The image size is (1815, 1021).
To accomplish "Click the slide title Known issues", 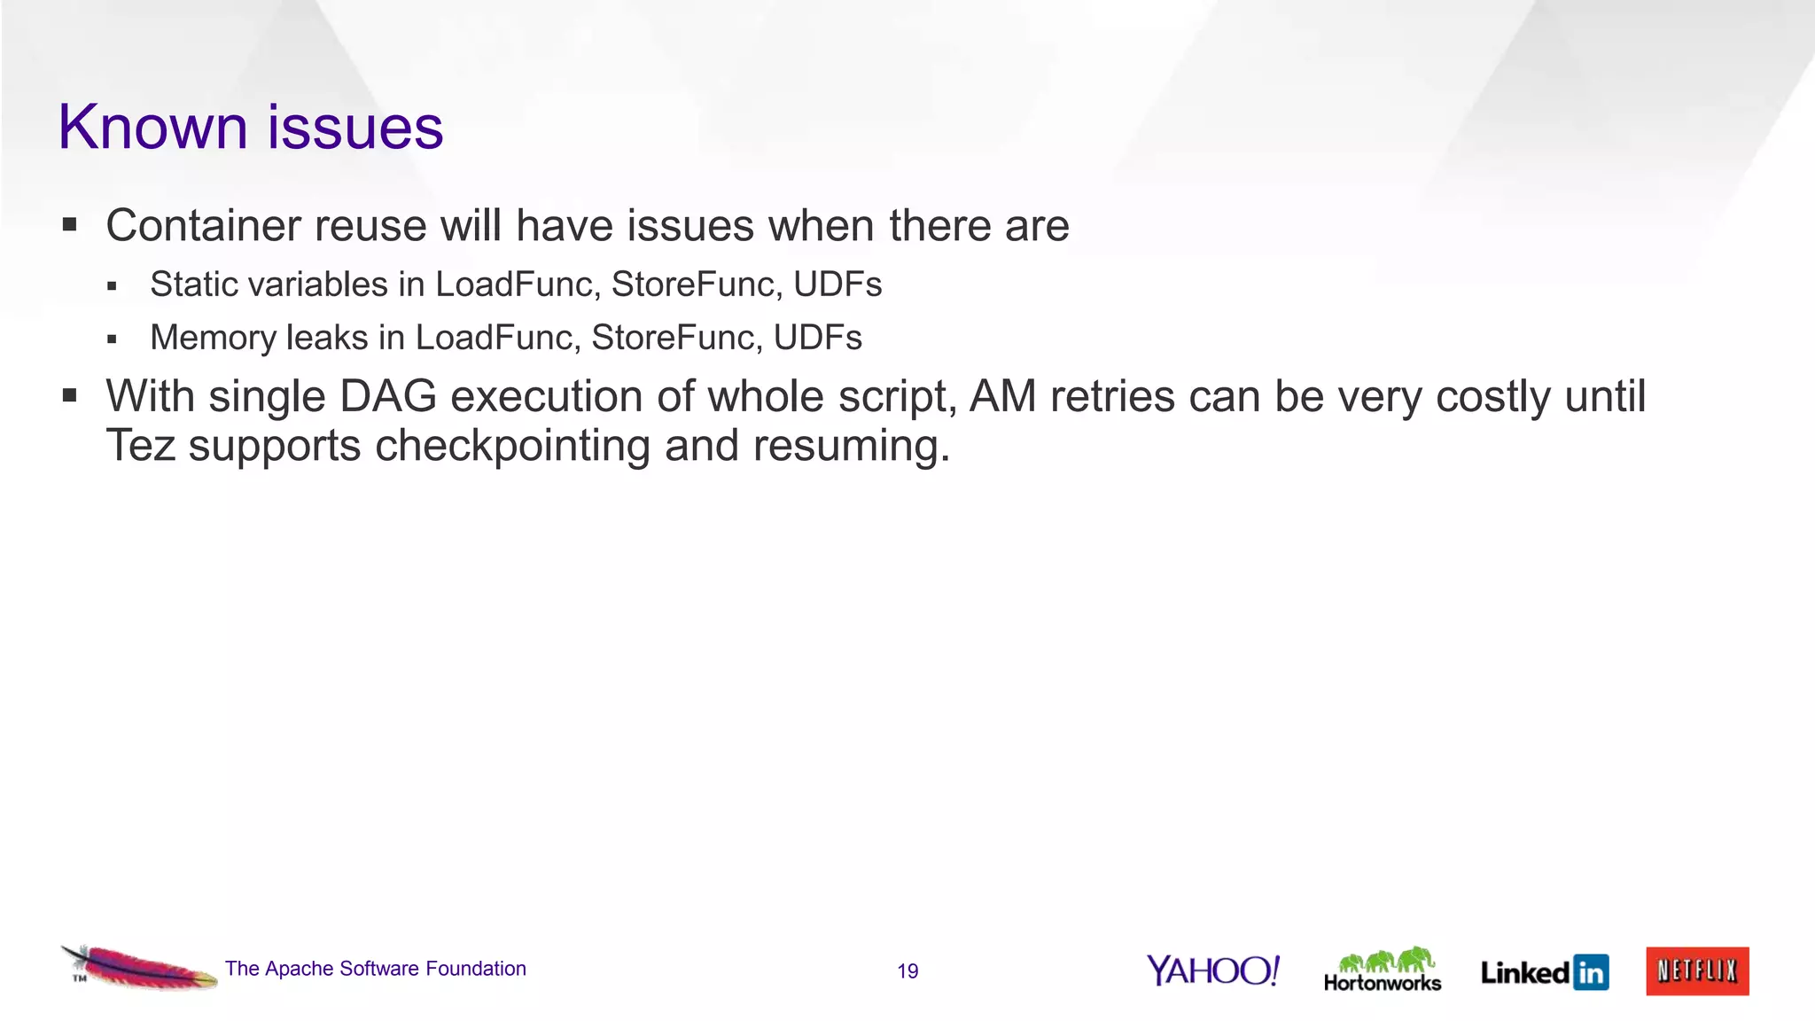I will pyautogui.click(x=250, y=128).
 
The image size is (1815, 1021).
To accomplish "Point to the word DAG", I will pyautogui.click(x=388, y=396).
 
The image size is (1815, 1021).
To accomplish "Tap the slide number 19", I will pyautogui.click(x=907, y=971).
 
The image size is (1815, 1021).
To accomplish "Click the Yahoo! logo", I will pyautogui.click(x=1212, y=970).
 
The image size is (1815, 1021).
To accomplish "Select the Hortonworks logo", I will pyautogui.click(x=1382, y=970).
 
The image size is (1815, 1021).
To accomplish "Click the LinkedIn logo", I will pyautogui.click(x=1544, y=972).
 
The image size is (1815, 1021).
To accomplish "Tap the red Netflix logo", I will pyautogui.click(x=1697, y=971).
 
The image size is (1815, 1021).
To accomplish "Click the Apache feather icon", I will pyautogui.click(x=138, y=968).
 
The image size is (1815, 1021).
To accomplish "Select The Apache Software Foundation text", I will pyautogui.click(x=375, y=969).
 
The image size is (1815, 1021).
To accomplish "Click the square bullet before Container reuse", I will pyautogui.click(x=70, y=225).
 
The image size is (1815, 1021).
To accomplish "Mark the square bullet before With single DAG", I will pyautogui.click(x=70, y=396).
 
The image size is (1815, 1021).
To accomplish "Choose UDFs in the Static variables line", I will pyautogui.click(x=837, y=284).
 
